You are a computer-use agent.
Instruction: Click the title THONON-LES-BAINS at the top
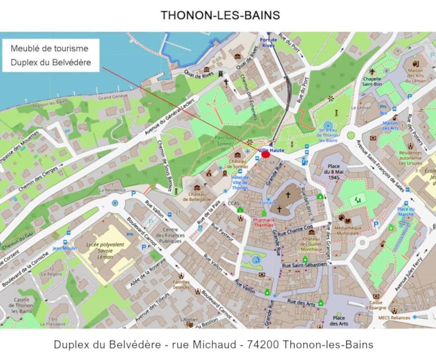coord(220,15)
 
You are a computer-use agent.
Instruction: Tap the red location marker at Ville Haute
coord(266,155)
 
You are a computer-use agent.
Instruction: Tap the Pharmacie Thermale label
coord(263,222)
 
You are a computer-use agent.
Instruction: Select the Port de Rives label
coord(268,42)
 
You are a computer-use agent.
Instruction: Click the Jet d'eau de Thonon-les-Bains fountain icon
coord(327,125)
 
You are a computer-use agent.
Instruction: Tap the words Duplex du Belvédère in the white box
coord(51,62)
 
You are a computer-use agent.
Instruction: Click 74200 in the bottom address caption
coord(263,345)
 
